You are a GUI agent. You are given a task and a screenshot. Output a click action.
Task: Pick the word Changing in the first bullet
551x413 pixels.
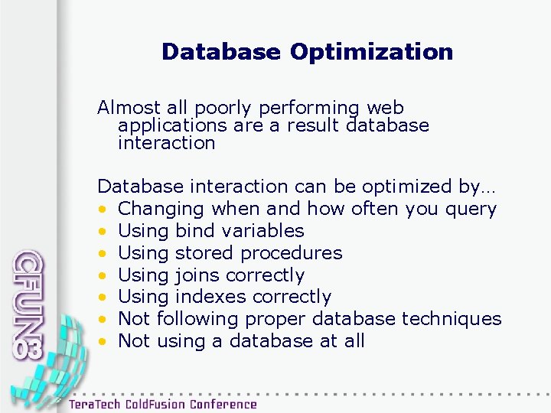(162, 209)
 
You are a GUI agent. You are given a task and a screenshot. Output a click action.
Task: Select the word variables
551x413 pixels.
(260, 231)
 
